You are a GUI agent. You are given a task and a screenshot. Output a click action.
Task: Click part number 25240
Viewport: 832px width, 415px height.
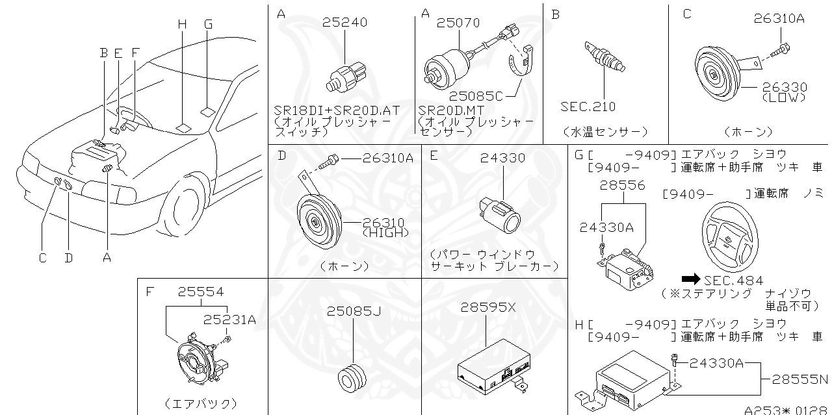344,23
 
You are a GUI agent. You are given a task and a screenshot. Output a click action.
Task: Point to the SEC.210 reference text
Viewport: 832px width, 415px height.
588,106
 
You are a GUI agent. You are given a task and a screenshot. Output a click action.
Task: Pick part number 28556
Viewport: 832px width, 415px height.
623,185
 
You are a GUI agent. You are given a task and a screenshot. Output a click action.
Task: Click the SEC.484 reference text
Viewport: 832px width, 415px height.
733,281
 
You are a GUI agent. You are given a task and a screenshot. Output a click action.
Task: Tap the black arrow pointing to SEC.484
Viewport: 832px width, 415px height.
689,280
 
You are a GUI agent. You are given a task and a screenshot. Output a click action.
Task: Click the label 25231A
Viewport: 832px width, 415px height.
229,319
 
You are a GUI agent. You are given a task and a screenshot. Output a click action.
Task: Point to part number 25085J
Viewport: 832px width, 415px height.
354,311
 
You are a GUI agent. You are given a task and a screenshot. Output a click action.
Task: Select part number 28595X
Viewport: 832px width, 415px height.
488,307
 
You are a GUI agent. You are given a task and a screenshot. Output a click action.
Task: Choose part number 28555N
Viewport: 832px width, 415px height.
799,379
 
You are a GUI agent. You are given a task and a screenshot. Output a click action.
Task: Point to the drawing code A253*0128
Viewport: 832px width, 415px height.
786,410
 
